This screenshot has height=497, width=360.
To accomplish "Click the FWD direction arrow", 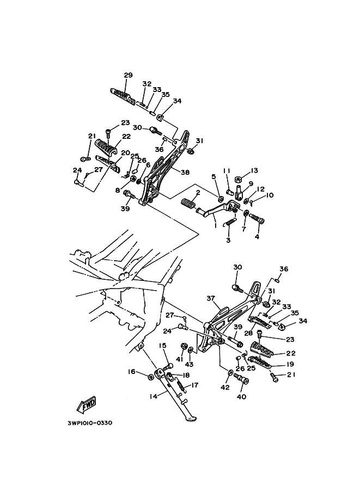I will click(87, 406).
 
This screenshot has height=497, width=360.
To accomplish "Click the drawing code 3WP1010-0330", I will click(90, 422).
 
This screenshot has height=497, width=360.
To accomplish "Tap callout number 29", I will click(128, 75).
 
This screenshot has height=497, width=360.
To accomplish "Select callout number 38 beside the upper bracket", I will click(185, 172).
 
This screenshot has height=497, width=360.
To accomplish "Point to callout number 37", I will click(211, 298).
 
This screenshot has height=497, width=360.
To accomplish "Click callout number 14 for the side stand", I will click(154, 397).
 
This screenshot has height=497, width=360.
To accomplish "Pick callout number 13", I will click(254, 170).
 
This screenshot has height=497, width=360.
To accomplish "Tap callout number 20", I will click(125, 153).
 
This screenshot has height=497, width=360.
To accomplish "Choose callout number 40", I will click(242, 396).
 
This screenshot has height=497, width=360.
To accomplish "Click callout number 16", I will click(131, 372).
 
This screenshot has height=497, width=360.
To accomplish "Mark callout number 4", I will click(257, 236).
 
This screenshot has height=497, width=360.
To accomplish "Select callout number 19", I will click(290, 364).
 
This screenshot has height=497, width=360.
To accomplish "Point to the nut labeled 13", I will click(238, 179).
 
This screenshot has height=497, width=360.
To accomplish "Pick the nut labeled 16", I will click(150, 377).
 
